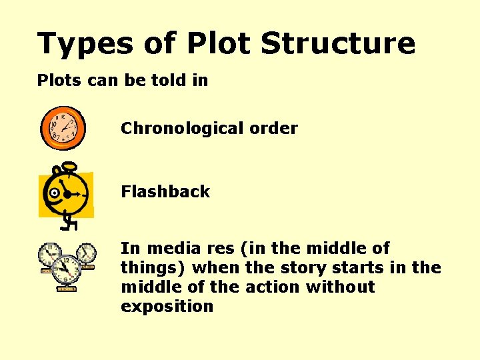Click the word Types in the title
tap(76, 44)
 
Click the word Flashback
tap(165, 191)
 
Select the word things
tap(153, 268)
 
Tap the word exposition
tap(167, 307)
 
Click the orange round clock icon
tap(63, 127)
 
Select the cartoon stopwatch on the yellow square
tap(65, 193)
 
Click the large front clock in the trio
tap(66, 270)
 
